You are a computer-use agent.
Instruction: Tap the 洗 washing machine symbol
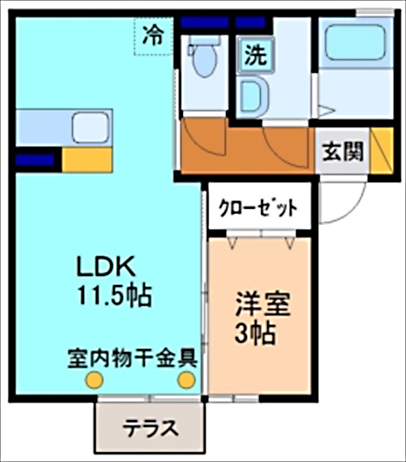[x=255, y=55]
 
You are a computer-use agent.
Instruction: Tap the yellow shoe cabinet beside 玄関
[x=382, y=151]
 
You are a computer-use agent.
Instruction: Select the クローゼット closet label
[x=258, y=208]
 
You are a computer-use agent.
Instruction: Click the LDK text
[x=105, y=266]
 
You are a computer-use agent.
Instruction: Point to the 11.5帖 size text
[x=114, y=294]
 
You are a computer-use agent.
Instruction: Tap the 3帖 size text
[x=255, y=333]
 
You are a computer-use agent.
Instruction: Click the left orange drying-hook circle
[x=94, y=379]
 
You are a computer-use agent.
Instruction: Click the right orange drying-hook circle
[x=186, y=379]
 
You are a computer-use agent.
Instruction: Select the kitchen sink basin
[x=90, y=128]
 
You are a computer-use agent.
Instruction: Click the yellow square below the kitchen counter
[x=87, y=159]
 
